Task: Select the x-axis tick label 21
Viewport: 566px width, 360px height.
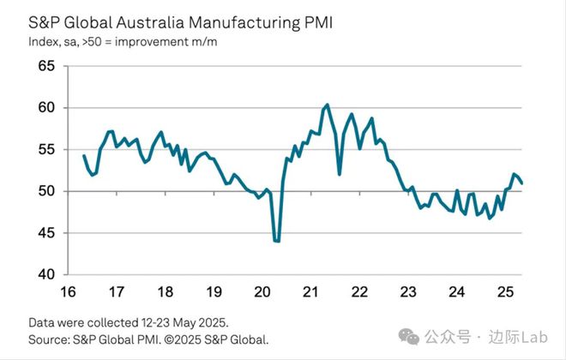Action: pyautogui.click(x=311, y=291)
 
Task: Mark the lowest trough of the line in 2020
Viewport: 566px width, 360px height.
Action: pyautogui.click(x=277, y=242)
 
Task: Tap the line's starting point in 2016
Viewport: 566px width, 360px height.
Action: pyautogui.click(x=83, y=155)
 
